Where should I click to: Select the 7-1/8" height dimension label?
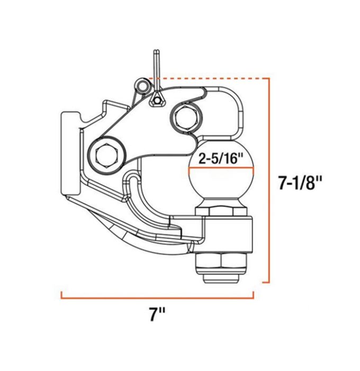point(300,184)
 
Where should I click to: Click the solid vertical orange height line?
point(271,180)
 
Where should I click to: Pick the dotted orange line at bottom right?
point(263,282)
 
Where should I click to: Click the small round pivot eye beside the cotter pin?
point(141,85)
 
